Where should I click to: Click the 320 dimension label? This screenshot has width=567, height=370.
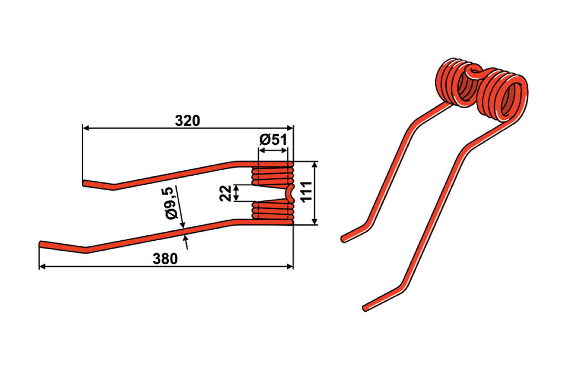[x=187, y=121]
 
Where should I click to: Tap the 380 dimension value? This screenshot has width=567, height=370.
[x=165, y=259]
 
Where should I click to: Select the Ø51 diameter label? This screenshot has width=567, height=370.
[x=273, y=139]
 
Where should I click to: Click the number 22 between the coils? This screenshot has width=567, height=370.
[x=225, y=193]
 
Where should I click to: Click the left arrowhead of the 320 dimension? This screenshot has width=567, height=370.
[x=86, y=128]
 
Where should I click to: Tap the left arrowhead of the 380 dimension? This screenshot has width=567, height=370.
[x=42, y=266]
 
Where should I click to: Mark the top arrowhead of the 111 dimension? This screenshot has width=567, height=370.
[x=315, y=164]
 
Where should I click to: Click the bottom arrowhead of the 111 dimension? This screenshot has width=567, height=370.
[x=315, y=221]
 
